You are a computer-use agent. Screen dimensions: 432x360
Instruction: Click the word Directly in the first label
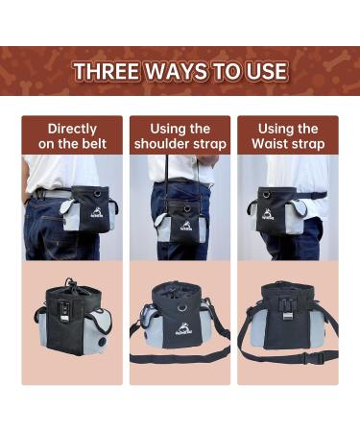(x=72, y=129)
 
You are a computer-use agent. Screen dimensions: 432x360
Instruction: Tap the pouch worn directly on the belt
(x=92, y=205)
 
